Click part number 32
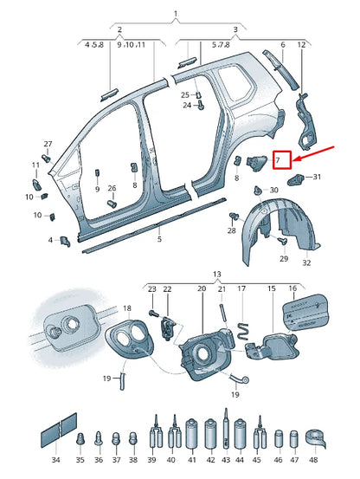306,262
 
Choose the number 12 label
301,43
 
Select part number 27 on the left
48,144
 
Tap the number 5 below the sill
159,238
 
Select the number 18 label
126,308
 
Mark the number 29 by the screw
283,259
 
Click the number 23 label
151,288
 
